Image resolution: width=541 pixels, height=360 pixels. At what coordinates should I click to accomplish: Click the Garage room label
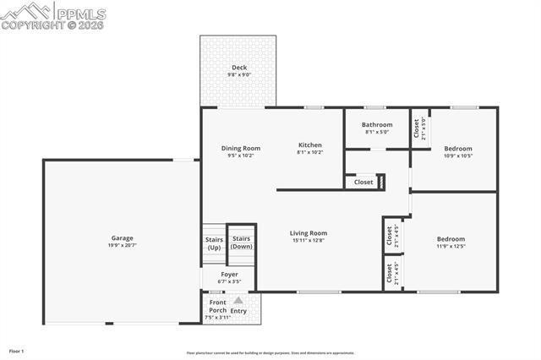pos(122,237)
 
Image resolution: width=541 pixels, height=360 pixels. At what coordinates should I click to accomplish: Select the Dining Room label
pos(240,148)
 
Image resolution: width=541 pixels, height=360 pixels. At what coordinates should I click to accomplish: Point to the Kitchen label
pos(310,145)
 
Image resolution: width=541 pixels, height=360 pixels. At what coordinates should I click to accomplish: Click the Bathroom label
pos(377,124)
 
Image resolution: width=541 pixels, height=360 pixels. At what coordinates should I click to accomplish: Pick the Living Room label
pos(309,233)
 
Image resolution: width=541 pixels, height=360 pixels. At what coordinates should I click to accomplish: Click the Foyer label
pos(229,274)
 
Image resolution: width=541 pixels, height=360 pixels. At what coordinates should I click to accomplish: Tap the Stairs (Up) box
pos(214,243)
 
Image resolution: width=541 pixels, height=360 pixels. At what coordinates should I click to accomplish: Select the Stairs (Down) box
pos(242,243)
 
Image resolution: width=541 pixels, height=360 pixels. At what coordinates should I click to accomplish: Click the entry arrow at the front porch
pos(238,300)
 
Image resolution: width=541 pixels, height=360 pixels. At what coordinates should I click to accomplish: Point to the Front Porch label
pos(218,306)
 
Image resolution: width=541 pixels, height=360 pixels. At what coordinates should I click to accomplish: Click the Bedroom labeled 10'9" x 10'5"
pos(457,149)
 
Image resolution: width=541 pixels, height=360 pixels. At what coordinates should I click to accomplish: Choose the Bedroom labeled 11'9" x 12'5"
pos(451,239)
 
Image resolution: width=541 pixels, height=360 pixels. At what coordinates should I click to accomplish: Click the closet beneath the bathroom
pos(364,182)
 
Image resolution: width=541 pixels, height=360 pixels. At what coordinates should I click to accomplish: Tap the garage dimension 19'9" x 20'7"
pos(122,245)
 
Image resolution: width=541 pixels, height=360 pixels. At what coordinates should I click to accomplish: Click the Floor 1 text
pos(17,350)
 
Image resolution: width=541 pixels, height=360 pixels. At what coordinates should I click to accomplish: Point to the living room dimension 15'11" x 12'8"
pos(309,241)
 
